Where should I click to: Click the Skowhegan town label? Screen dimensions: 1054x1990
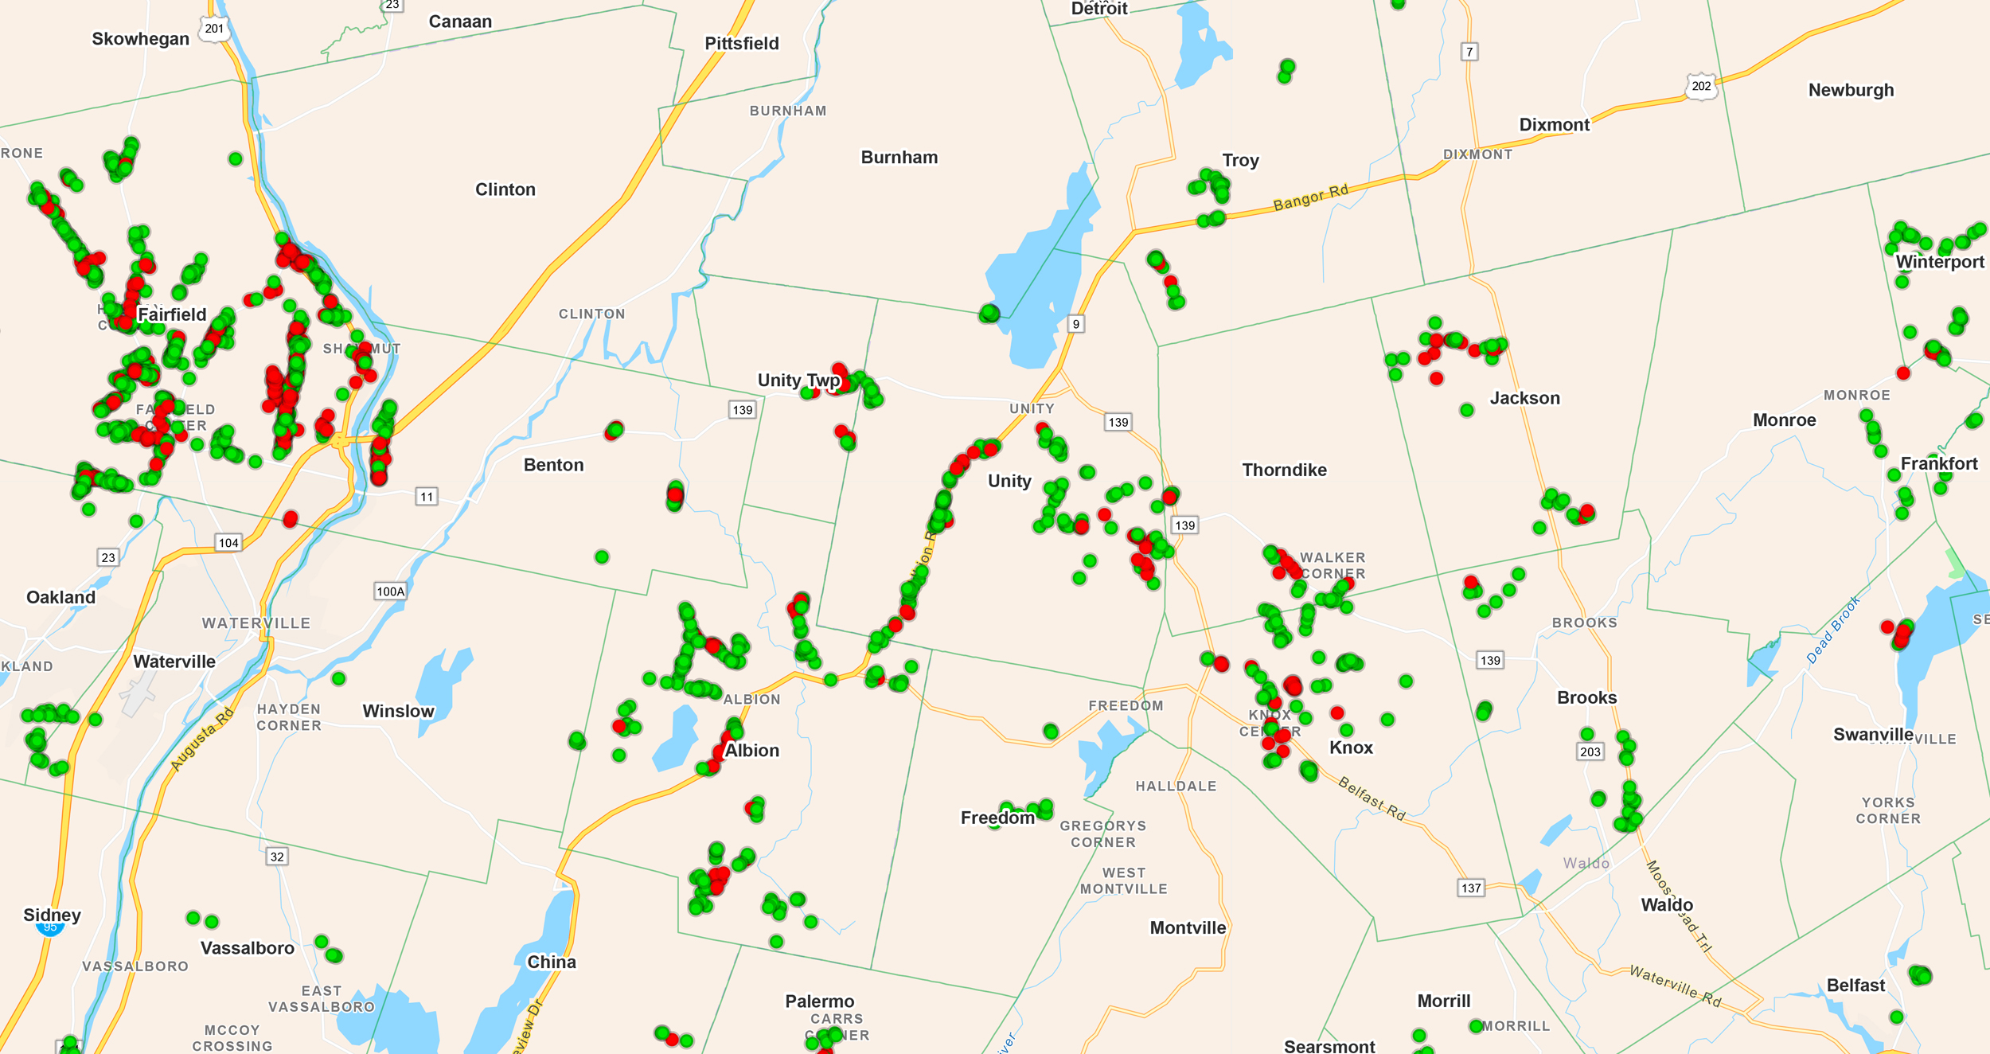(140, 39)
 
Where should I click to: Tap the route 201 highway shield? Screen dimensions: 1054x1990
(214, 29)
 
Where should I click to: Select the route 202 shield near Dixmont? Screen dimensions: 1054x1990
(1701, 86)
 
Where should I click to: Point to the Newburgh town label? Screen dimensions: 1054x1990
(1851, 90)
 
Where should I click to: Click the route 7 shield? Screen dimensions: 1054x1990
(1469, 52)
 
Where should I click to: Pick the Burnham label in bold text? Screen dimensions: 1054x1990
(899, 158)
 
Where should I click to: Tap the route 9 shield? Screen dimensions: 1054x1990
(1075, 324)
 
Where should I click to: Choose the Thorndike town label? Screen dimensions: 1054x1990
(1284, 470)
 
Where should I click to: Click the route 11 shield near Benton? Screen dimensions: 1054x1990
(427, 497)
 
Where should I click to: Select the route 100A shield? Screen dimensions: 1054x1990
(390, 591)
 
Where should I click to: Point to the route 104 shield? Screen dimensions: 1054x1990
(228, 543)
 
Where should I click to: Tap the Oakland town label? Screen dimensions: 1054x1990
(60, 597)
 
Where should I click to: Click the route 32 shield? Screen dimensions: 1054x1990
(277, 857)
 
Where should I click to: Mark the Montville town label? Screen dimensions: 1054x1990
(1188, 927)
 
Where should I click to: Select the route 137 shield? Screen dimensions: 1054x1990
(1471, 888)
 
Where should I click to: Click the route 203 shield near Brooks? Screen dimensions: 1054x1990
(1590, 751)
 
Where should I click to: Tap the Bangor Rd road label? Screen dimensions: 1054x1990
(1310, 197)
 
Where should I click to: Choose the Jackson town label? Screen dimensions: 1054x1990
(1524, 398)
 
